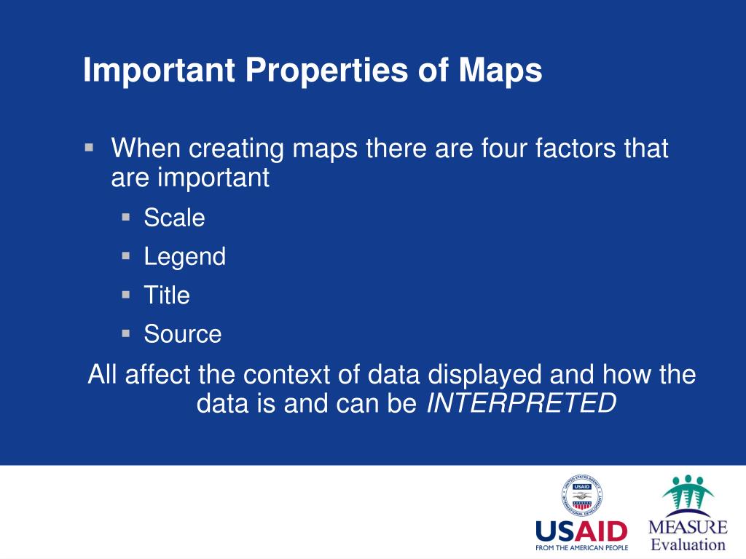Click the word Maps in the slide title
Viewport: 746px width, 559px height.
500,71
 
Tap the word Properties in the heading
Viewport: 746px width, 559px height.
327,71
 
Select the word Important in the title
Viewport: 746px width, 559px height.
160,71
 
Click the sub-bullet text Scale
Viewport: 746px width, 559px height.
175,218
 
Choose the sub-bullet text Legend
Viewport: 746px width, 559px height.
185,257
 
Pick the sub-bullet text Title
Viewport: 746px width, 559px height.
167,296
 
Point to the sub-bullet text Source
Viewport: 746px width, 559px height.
183,334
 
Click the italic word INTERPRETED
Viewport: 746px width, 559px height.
522,403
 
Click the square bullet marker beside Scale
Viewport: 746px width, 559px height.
126,217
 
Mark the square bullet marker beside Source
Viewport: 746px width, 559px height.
126,333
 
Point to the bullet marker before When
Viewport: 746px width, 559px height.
89,147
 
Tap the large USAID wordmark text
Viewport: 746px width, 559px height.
581,531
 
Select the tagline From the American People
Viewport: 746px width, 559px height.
581,547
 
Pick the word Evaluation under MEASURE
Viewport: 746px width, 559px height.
688,544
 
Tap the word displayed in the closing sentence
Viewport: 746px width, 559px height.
484,376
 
